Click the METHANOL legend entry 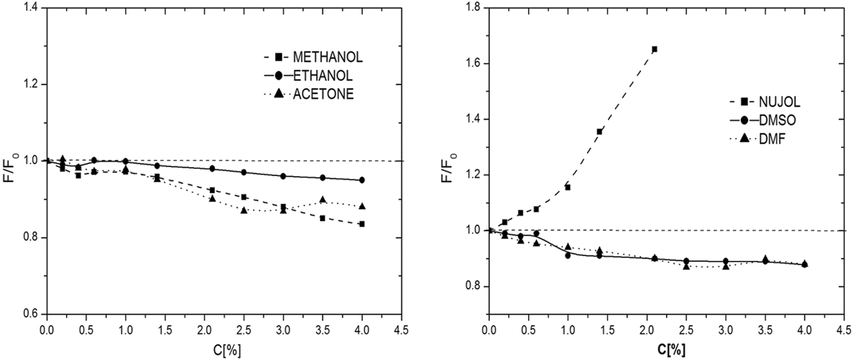point(327,57)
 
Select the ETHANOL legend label point(323,76)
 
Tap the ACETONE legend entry point(323,94)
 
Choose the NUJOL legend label point(779,102)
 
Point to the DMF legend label point(772,139)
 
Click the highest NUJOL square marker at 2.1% point(655,49)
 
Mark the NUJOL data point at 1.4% point(599,131)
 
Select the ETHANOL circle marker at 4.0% point(362,180)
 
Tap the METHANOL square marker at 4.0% point(362,224)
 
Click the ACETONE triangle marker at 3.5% point(323,200)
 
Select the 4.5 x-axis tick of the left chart point(401,330)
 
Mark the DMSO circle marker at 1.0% point(568,256)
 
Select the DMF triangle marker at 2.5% point(686,266)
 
